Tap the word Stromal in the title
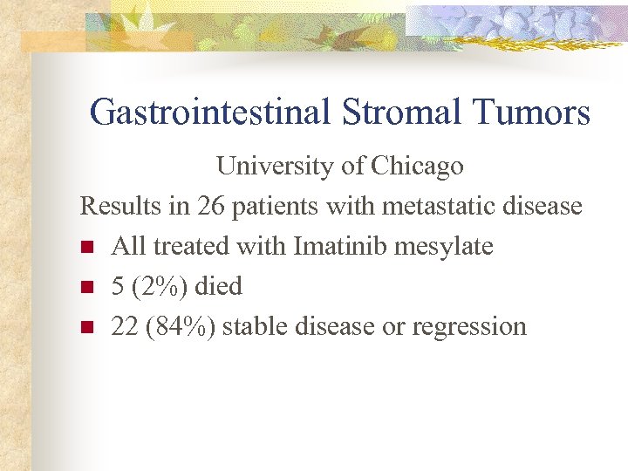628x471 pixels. [x=394, y=113]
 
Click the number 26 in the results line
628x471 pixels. [x=210, y=206]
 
